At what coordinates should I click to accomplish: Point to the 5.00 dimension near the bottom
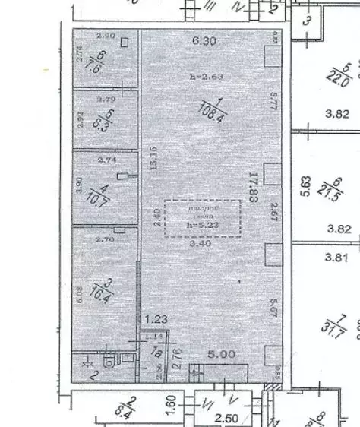[x=223, y=353]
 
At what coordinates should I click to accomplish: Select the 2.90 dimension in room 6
[x=106, y=36]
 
